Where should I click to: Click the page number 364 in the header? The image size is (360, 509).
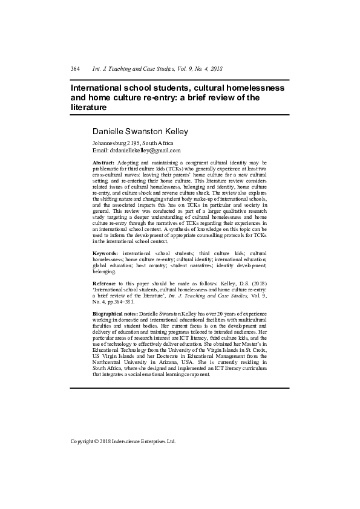coord(76,69)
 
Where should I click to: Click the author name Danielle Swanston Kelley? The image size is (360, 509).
coord(140,131)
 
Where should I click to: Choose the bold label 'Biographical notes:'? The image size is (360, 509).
coord(115,331)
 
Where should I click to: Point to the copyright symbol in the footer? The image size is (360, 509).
coord(98,441)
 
